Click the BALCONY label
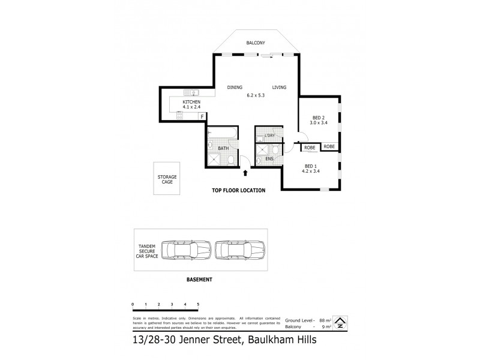pyautogui.click(x=257, y=43)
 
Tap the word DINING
pyautogui.click(x=235, y=88)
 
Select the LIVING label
pyautogui.click(x=279, y=88)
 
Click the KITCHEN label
pyautogui.click(x=191, y=103)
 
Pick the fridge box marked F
pyautogui.click(x=202, y=116)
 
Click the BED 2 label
pyautogui.click(x=319, y=118)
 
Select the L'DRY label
pyautogui.click(x=269, y=136)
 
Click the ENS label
pyautogui.click(x=269, y=158)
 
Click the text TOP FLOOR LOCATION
pyautogui.click(x=238, y=190)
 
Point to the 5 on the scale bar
pyautogui.click(x=198, y=305)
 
